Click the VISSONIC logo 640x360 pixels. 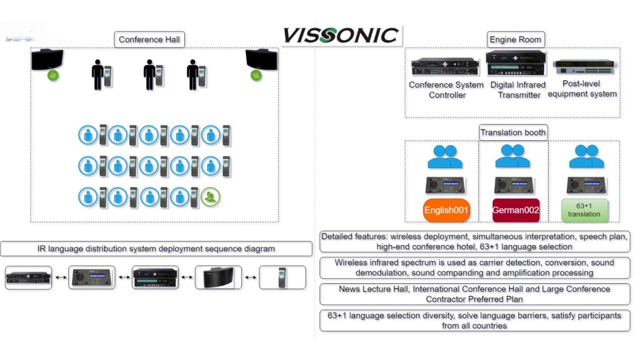(341, 35)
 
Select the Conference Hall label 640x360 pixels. (149, 40)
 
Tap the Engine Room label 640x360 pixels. (515, 40)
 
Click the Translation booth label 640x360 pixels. (513, 132)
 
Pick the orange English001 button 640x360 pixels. (446, 211)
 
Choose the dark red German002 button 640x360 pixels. (516, 211)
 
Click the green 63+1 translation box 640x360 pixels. (584, 210)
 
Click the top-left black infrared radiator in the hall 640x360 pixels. (47, 61)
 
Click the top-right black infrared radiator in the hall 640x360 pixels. (261, 59)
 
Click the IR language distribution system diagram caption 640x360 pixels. (156, 249)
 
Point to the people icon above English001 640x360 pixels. (445, 157)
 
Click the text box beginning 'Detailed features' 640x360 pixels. (474, 242)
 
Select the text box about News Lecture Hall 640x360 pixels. (474, 294)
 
